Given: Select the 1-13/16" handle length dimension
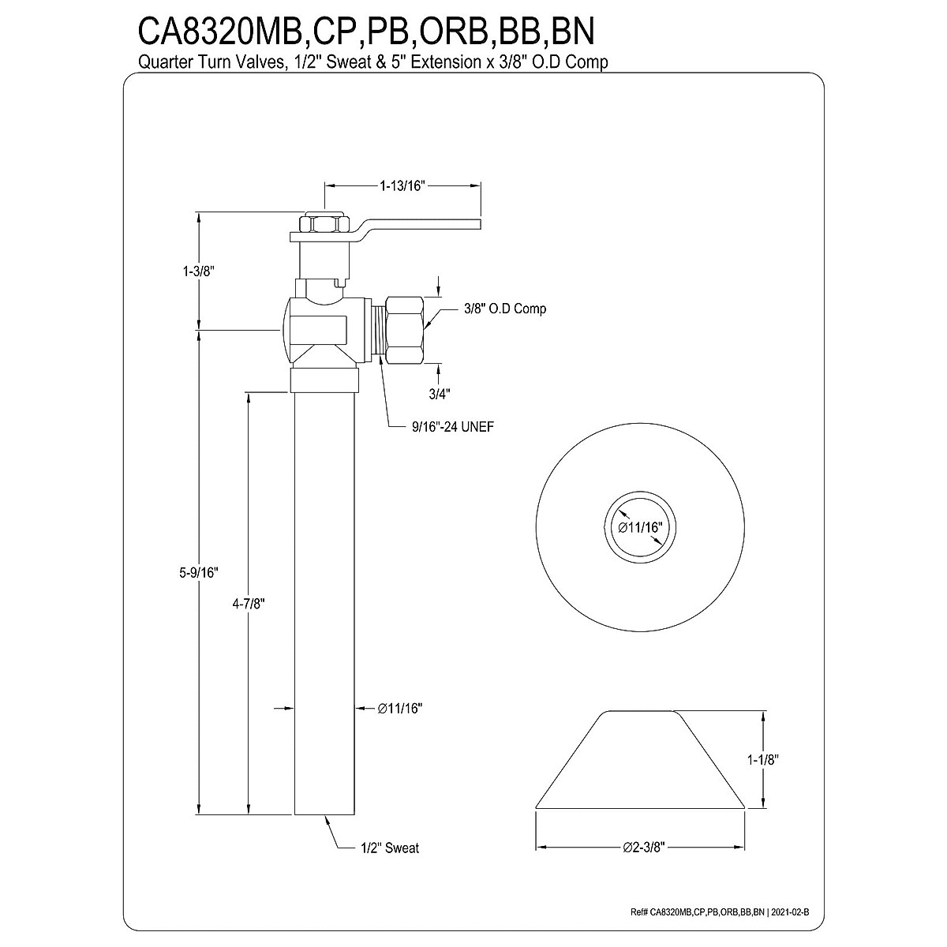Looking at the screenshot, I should click(402, 186).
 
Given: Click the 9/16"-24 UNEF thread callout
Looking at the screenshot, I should click(447, 426).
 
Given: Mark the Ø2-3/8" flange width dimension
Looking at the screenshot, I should click(639, 848).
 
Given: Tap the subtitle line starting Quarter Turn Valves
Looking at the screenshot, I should click(373, 62).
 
